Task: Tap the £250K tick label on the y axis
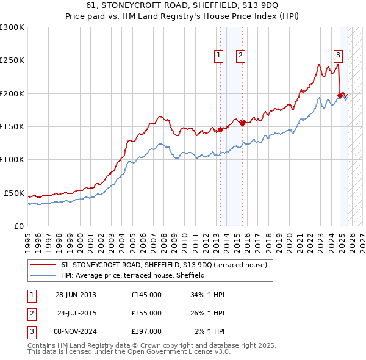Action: pyautogui.click(x=12, y=60)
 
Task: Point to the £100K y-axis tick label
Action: pyautogui.click(x=12, y=159)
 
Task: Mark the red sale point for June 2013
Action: pyautogui.click(x=220, y=130)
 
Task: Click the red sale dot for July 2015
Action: pyautogui.click(x=242, y=123)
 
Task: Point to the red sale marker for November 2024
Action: pyautogui.click(x=340, y=95)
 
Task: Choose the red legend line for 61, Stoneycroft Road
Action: pyautogui.click(x=43, y=265)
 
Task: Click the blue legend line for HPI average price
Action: pyautogui.click(x=43, y=276)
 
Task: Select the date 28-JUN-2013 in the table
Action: pyautogui.click(x=76, y=295)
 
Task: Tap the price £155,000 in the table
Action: pyautogui.click(x=146, y=313)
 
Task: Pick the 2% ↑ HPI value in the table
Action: pyautogui.click(x=209, y=331)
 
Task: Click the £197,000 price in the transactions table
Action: pyautogui.click(x=146, y=331)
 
